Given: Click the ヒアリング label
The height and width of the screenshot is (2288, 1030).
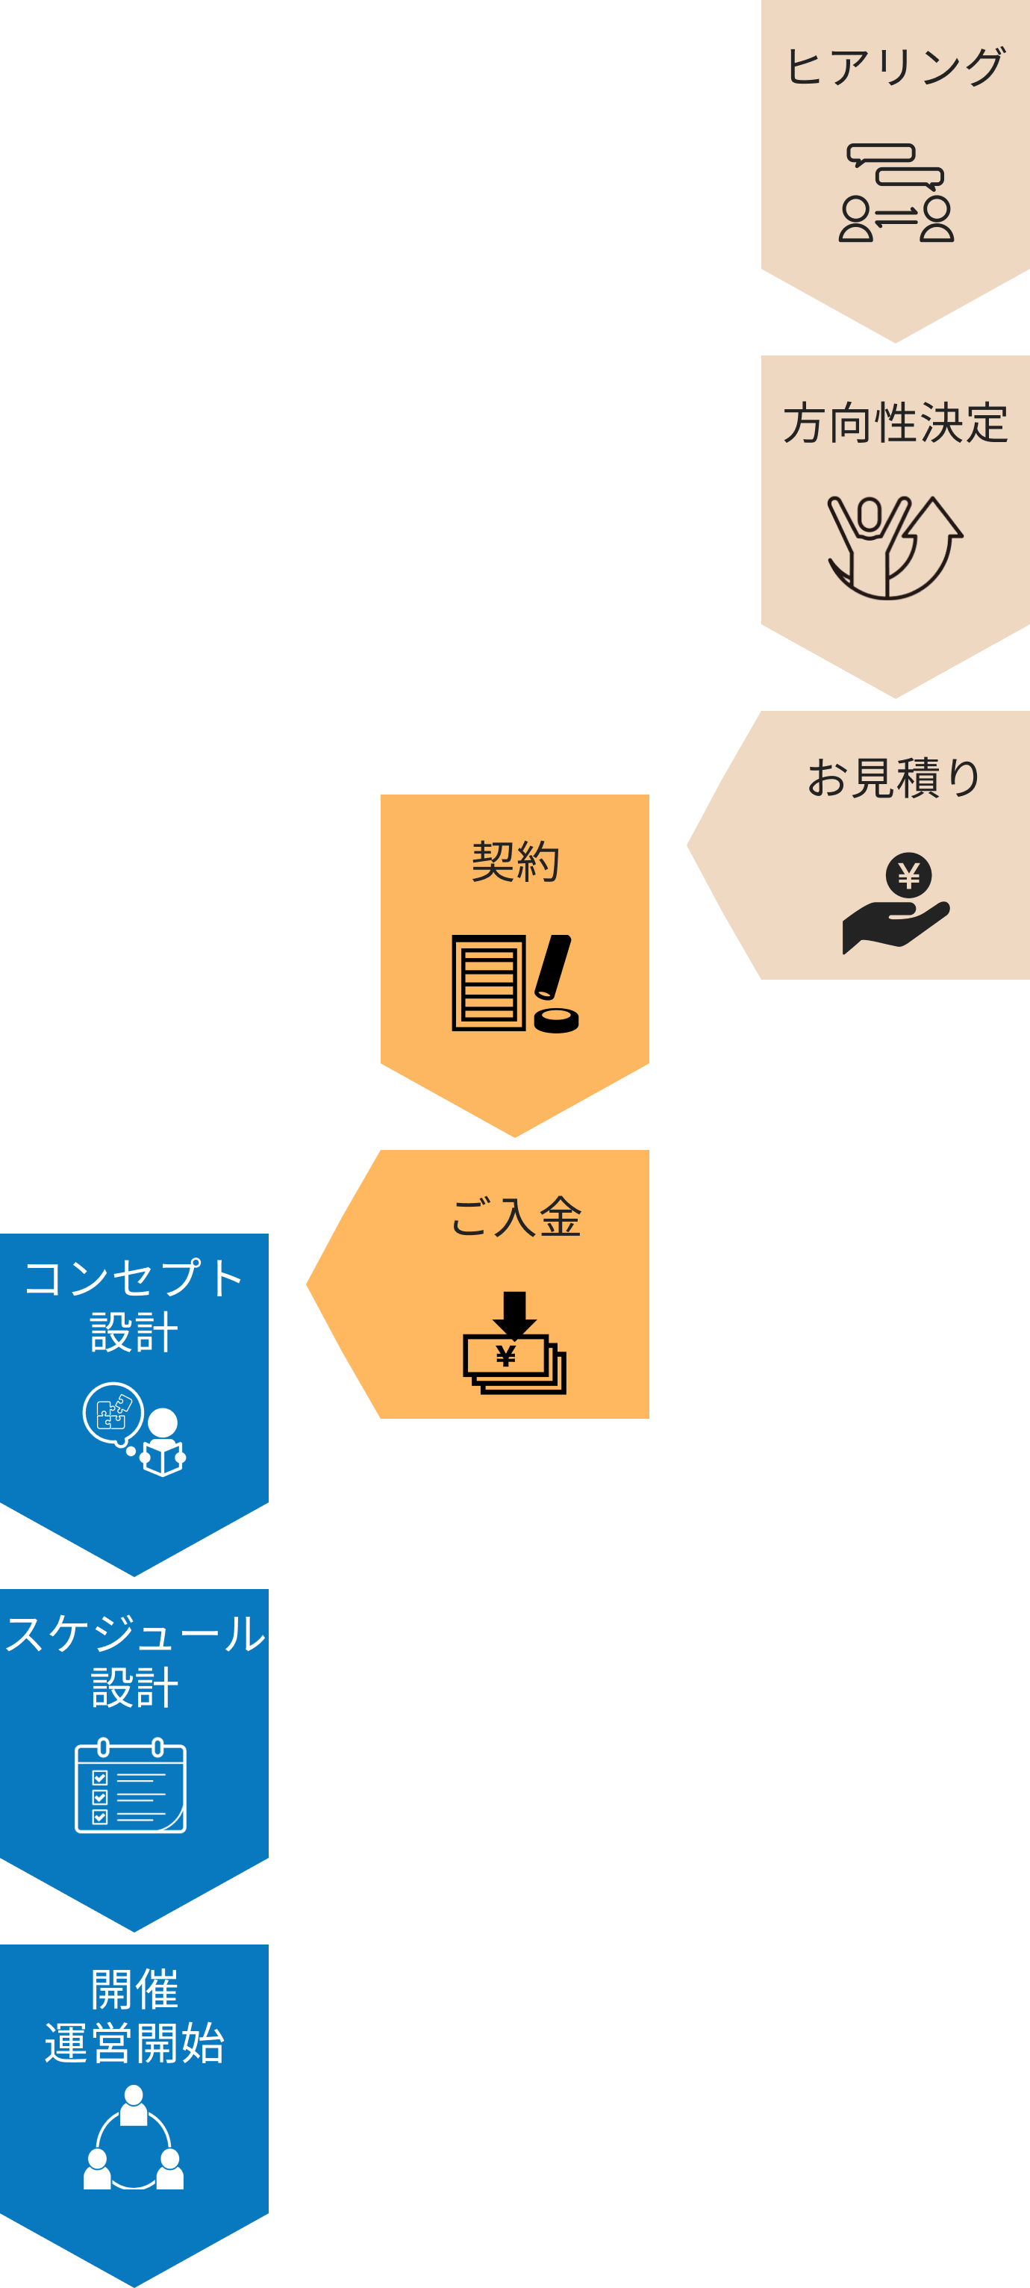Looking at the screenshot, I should tap(895, 67).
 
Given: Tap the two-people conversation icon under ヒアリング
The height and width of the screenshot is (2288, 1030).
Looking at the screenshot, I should tap(896, 193).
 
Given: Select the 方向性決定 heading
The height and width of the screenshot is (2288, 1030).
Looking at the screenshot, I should tap(895, 423).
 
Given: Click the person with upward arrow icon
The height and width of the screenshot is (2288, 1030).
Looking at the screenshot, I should tap(894, 547).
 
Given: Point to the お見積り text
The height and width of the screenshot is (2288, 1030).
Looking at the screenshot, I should tap(894, 778).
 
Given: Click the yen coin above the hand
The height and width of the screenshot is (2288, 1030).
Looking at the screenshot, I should tap(908, 876).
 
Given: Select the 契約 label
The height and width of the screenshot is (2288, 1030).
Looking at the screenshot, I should tap(515, 862).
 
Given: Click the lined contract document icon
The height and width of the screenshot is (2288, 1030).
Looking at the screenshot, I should tap(488, 983).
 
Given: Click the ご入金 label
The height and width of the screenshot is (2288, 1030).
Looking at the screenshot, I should tap(516, 1217).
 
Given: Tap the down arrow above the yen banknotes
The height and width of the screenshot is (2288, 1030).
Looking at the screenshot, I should tap(514, 1313).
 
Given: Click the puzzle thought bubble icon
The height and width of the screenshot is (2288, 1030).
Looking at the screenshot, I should tap(113, 1412).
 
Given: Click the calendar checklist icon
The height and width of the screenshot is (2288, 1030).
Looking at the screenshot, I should tap(131, 1786).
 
